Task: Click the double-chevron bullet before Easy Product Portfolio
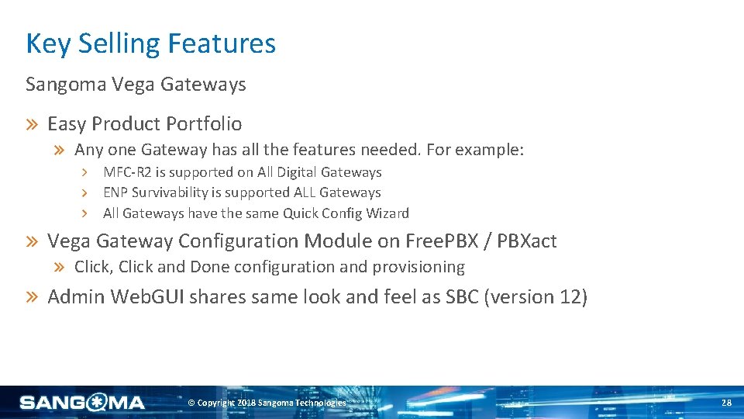tap(34, 124)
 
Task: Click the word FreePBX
tap(441, 241)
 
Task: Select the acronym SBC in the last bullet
tap(462, 297)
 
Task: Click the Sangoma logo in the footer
tap(82, 402)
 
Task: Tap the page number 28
tap(726, 403)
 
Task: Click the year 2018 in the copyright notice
tap(246, 403)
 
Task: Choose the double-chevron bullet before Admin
tap(34, 297)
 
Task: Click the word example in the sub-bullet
tap(487, 150)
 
